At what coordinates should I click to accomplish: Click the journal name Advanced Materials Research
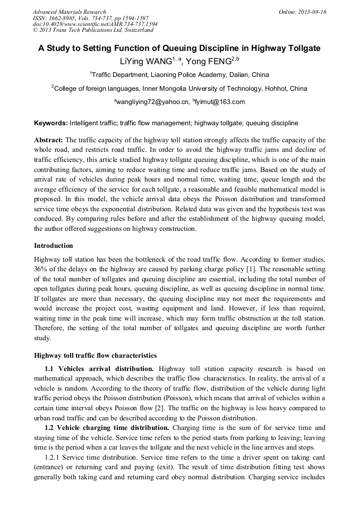(69, 12)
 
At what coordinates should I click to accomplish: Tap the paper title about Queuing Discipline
(179, 48)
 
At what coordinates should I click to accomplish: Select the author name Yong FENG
(208, 62)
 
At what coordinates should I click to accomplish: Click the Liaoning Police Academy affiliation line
(180, 75)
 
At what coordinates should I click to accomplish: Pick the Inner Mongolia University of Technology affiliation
(180, 88)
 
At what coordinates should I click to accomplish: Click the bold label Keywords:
(51, 123)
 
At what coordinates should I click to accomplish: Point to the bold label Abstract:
(48, 140)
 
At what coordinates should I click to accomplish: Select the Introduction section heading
(54, 246)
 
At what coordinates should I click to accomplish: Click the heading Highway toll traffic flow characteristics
(95, 356)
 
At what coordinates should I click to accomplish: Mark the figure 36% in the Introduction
(41, 269)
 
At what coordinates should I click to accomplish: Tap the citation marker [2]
(188, 407)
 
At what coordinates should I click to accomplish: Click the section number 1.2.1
(54, 458)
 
